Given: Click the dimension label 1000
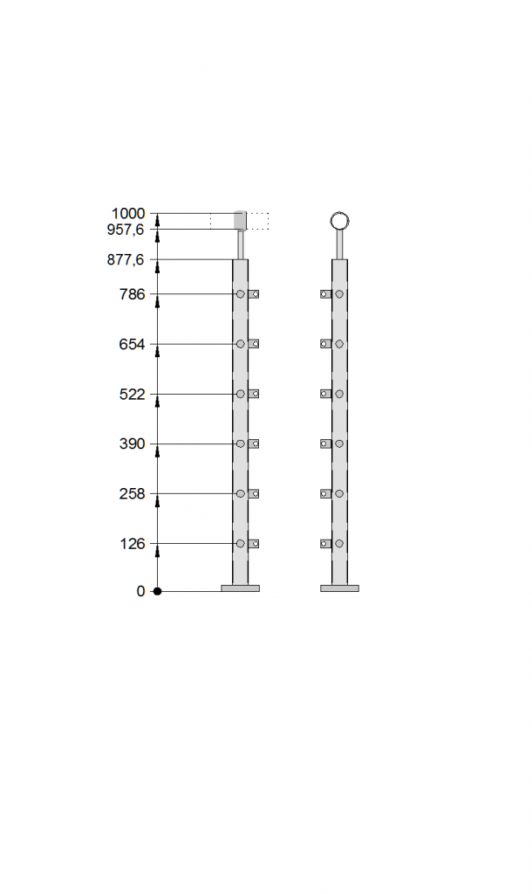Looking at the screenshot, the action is coord(128,214).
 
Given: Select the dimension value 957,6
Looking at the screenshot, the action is coord(126,230).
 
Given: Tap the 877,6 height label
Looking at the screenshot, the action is coord(126,260).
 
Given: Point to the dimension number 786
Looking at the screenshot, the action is coord(133,294).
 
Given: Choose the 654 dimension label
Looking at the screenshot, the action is coord(133,344).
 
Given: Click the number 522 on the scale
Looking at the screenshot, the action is coord(133,394).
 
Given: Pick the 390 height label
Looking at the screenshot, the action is coord(133,444).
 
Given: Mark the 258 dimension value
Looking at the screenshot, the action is coord(133,494).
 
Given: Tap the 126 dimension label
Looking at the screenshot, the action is coord(133,544).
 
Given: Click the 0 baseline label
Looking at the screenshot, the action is coord(140,591).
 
